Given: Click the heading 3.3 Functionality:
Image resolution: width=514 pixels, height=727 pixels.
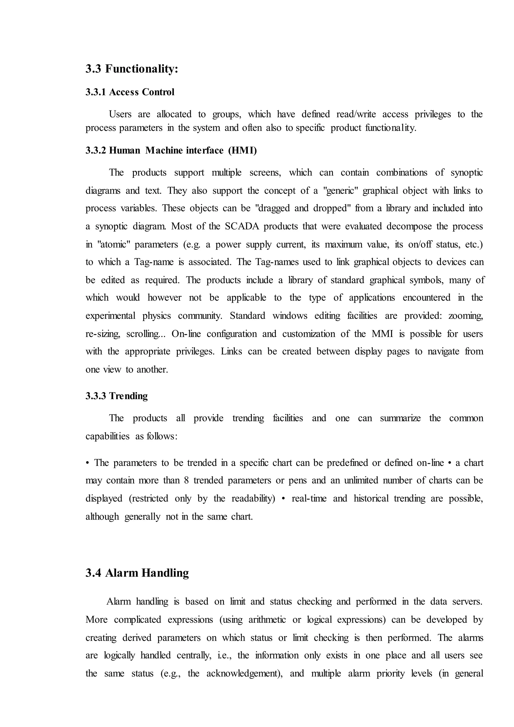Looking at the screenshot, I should click(132, 69).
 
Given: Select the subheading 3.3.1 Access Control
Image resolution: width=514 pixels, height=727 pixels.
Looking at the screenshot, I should click(130, 92).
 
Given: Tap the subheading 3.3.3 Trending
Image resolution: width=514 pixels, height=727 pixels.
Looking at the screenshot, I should click(116, 396).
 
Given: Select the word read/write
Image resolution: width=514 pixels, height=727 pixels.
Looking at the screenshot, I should click(356, 114).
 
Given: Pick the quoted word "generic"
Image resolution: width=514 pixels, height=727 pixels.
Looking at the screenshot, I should click(340, 191).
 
